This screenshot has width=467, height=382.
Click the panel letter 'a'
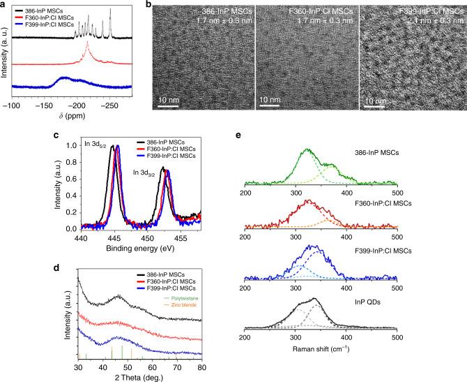click(3, 5)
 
